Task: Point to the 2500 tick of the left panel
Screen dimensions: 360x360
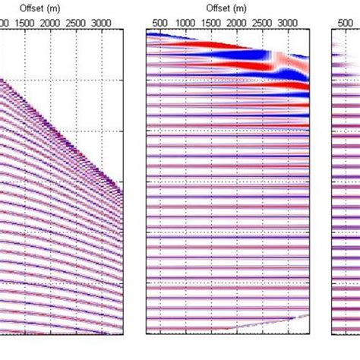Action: [75, 24]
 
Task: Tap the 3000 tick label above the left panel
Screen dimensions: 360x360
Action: [101, 24]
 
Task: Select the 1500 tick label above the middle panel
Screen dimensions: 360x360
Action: [211, 24]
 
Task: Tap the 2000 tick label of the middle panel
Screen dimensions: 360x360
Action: [237, 24]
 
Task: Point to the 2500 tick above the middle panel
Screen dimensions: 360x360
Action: [263, 24]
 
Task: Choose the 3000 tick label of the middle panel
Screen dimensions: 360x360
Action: [289, 24]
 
